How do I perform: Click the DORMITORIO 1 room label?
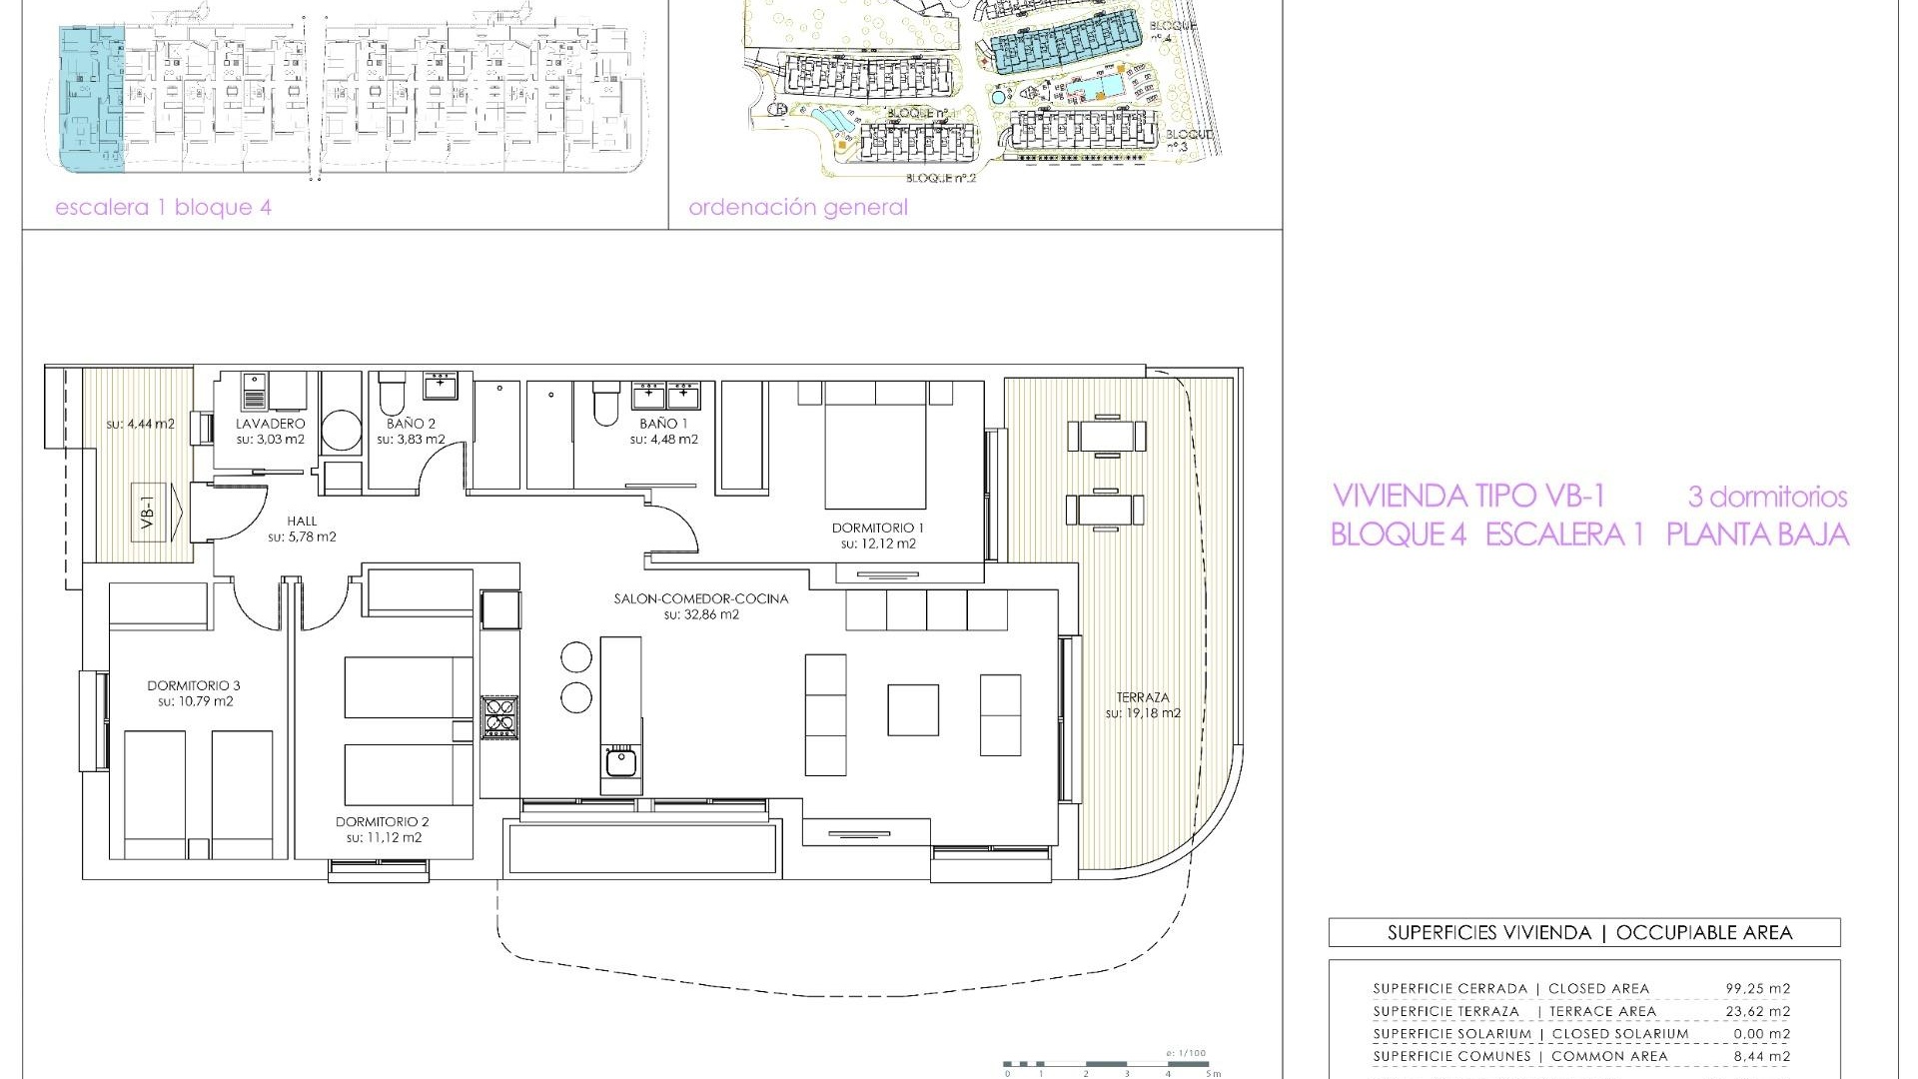coord(878,528)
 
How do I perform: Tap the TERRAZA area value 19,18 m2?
coord(1143,713)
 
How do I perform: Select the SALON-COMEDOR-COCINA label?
coord(700,598)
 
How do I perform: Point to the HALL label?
coord(302,521)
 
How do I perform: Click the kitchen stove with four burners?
coord(499,716)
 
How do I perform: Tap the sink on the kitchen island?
coord(620,762)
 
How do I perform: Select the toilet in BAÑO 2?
coord(392,397)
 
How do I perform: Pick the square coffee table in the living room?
coord(913,709)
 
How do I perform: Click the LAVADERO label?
coord(271,424)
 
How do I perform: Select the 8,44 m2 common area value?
coord(1761,1056)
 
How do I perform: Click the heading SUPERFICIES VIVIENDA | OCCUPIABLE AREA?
coord(1583,933)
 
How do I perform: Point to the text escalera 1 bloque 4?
coord(163,208)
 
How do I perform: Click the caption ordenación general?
coord(798,208)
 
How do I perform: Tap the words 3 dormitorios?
coord(1767,497)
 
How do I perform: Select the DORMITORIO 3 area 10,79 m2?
coord(195,701)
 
